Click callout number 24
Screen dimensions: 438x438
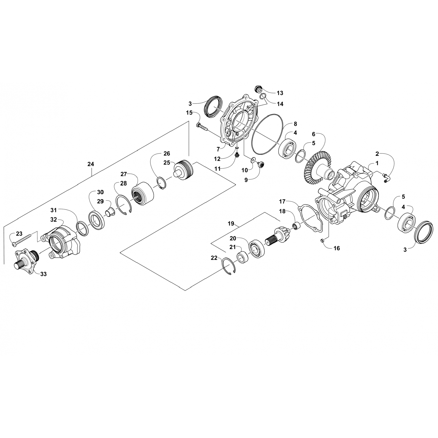91,164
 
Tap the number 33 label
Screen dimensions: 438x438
44,274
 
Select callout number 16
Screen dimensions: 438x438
336,248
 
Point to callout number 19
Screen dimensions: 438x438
231,224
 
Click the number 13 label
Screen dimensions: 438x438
280,93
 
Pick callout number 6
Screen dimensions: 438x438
314,134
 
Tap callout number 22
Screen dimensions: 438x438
214,258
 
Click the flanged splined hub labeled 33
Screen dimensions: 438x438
26,259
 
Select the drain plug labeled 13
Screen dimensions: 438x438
258,88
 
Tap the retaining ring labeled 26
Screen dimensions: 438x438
161,184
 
